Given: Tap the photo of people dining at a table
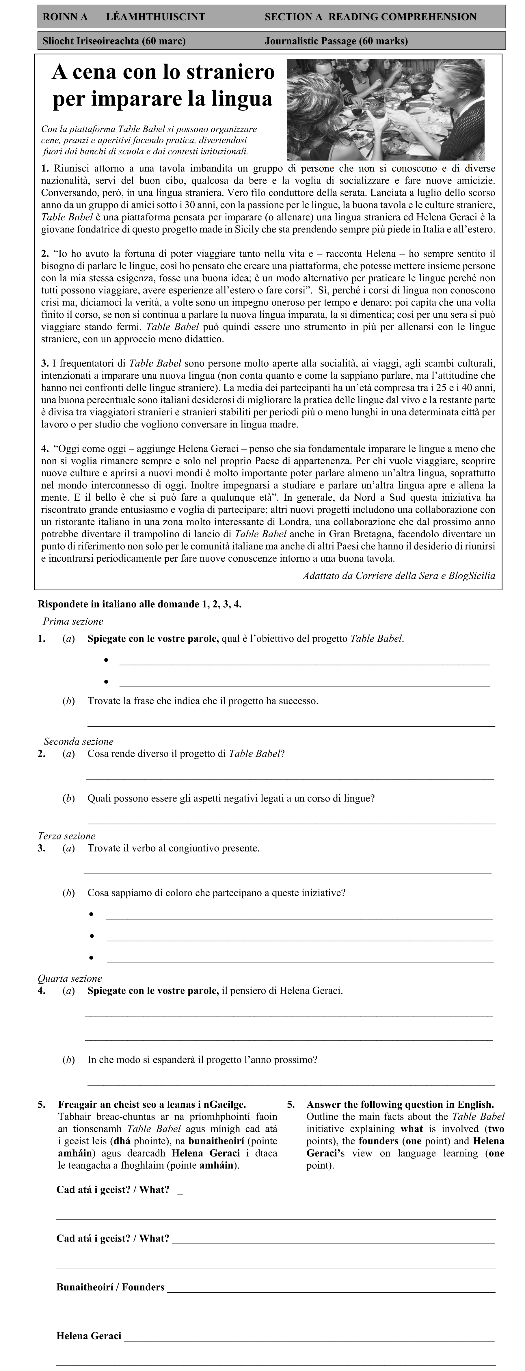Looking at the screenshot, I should click(x=385, y=109).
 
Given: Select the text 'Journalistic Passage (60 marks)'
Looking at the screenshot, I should click(x=336, y=41).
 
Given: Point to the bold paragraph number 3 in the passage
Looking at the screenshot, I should click(x=45, y=364).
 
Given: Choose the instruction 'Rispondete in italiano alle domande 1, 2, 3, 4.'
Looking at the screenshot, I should click(x=139, y=604).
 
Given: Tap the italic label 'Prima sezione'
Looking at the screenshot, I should click(x=73, y=621).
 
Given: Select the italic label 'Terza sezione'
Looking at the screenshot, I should click(x=66, y=836).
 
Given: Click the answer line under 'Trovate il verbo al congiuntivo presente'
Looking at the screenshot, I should click(x=287, y=873).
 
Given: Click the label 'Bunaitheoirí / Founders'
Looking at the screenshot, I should click(x=110, y=1287).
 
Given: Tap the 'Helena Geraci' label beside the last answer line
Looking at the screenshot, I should click(x=89, y=1336).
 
